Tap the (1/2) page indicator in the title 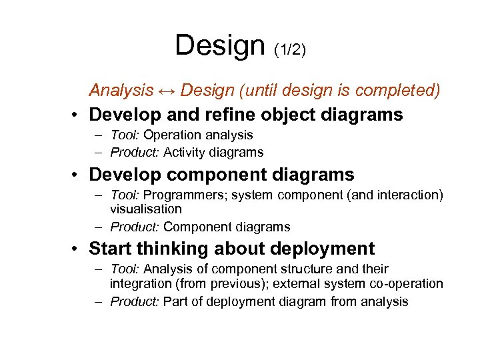click(290, 50)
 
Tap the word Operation click(175, 135)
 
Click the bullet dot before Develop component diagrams click(77, 175)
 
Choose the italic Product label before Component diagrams click(135, 227)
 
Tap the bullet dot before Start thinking click(77, 249)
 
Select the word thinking click(173, 249)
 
